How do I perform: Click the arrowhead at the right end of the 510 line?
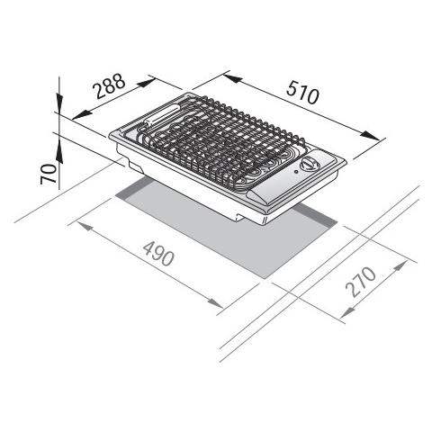tap(378, 137)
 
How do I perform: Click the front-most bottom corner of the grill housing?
tap(262, 222)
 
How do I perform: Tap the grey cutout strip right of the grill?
tap(310, 220)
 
